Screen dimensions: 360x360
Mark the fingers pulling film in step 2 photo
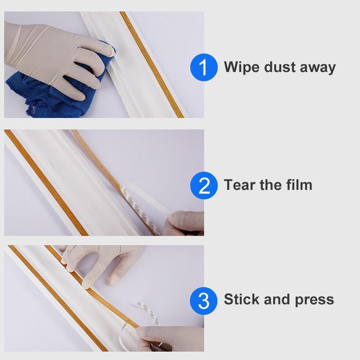[184, 223]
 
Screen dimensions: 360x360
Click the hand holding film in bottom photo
[171, 337]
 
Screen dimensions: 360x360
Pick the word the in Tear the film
[268, 185]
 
